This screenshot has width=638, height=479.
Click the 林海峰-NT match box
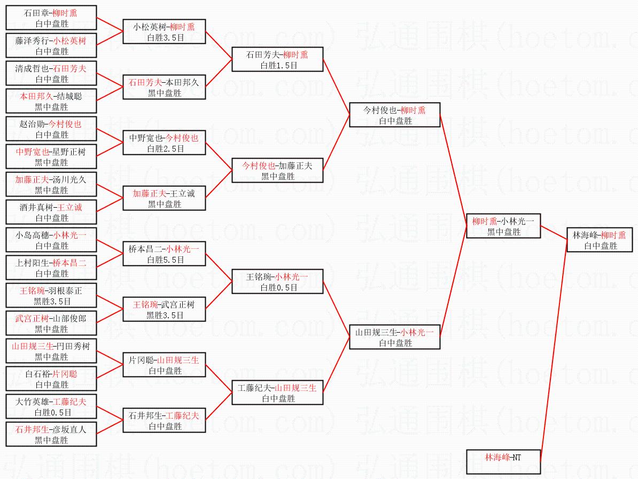click(503, 462)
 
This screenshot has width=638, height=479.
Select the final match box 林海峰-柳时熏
click(600, 240)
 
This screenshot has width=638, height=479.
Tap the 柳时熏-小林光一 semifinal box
click(503, 226)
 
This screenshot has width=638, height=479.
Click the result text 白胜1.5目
click(278, 65)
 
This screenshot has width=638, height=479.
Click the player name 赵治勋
click(31, 124)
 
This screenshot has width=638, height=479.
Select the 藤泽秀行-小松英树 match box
click(51, 45)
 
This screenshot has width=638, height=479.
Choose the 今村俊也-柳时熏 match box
click(395, 115)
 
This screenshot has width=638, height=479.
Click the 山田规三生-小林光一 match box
click(395, 337)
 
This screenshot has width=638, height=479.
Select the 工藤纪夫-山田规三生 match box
click(278, 392)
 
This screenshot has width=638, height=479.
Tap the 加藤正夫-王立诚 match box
click(164, 198)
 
